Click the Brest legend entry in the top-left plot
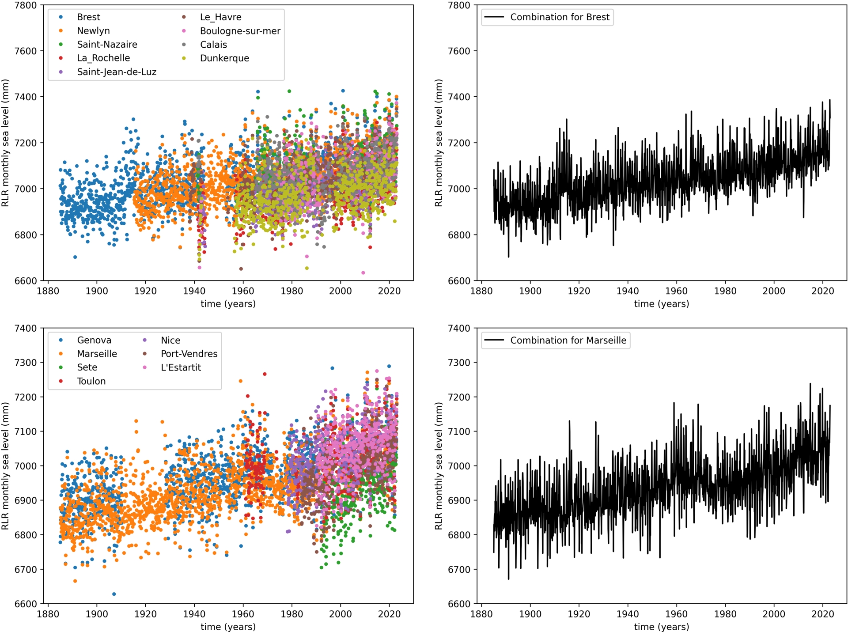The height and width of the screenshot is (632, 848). [x=88, y=17]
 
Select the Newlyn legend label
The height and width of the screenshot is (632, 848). [x=93, y=31]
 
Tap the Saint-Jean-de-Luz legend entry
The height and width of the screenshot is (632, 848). [x=117, y=72]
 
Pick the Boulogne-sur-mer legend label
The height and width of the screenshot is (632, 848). [x=240, y=31]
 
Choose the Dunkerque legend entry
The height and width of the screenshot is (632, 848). [x=224, y=58]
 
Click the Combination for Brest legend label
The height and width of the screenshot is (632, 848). [x=560, y=17]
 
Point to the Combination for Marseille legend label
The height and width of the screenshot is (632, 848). [x=568, y=341]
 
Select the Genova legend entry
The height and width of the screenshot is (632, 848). [x=94, y=340]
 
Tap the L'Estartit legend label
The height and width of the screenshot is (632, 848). [x=181, y=367]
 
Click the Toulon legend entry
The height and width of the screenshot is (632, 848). [x=91, y=381]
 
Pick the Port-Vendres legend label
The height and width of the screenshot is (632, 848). [x=189, y=354]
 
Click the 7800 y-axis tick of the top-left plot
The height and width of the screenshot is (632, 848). [x=26, y=5]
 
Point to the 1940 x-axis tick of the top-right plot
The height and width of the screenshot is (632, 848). [x=627, y=291]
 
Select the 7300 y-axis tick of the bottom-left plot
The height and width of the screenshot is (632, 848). [x=26, y=363]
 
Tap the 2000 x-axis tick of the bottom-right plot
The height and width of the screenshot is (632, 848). [x=773, y=614]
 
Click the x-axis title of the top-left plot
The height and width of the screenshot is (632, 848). [x=228, y=304]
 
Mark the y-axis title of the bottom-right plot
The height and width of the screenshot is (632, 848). [x=438, y=466]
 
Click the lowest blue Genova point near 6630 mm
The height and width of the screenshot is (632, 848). [x=114, y=594]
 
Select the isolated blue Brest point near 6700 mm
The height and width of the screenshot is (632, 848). [x=75, y=257]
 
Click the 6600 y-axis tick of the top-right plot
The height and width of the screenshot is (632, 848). [x=459, y=281]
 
